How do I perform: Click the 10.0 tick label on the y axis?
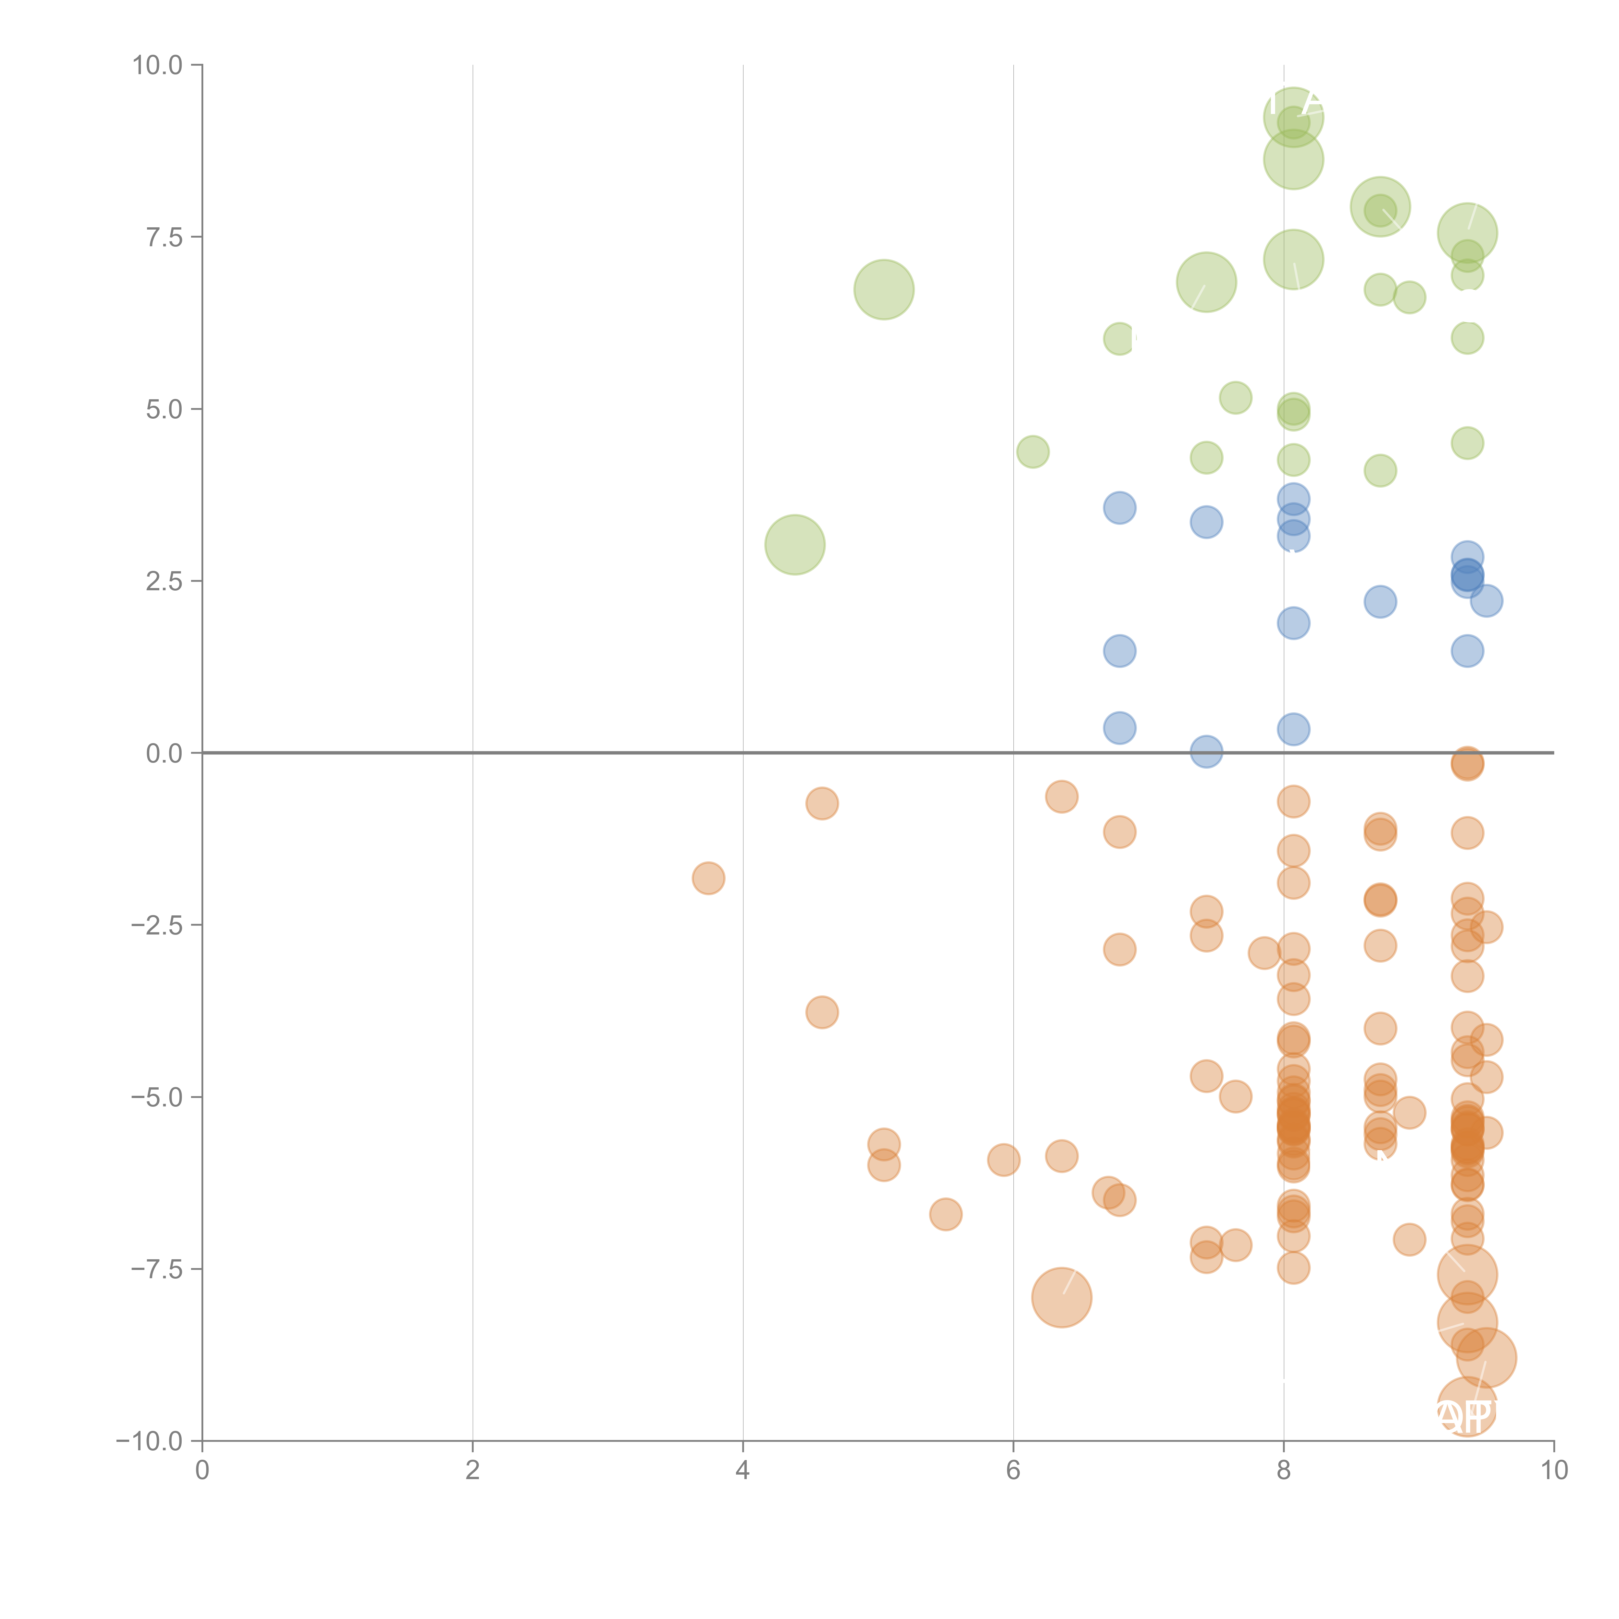(x=158, y=65)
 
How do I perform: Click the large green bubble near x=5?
(x=883, y=289)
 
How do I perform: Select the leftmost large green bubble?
(x=794, y=545)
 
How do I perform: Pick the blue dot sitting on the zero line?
(x=1206, y=752)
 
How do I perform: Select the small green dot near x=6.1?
(x=1032, y=452)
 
